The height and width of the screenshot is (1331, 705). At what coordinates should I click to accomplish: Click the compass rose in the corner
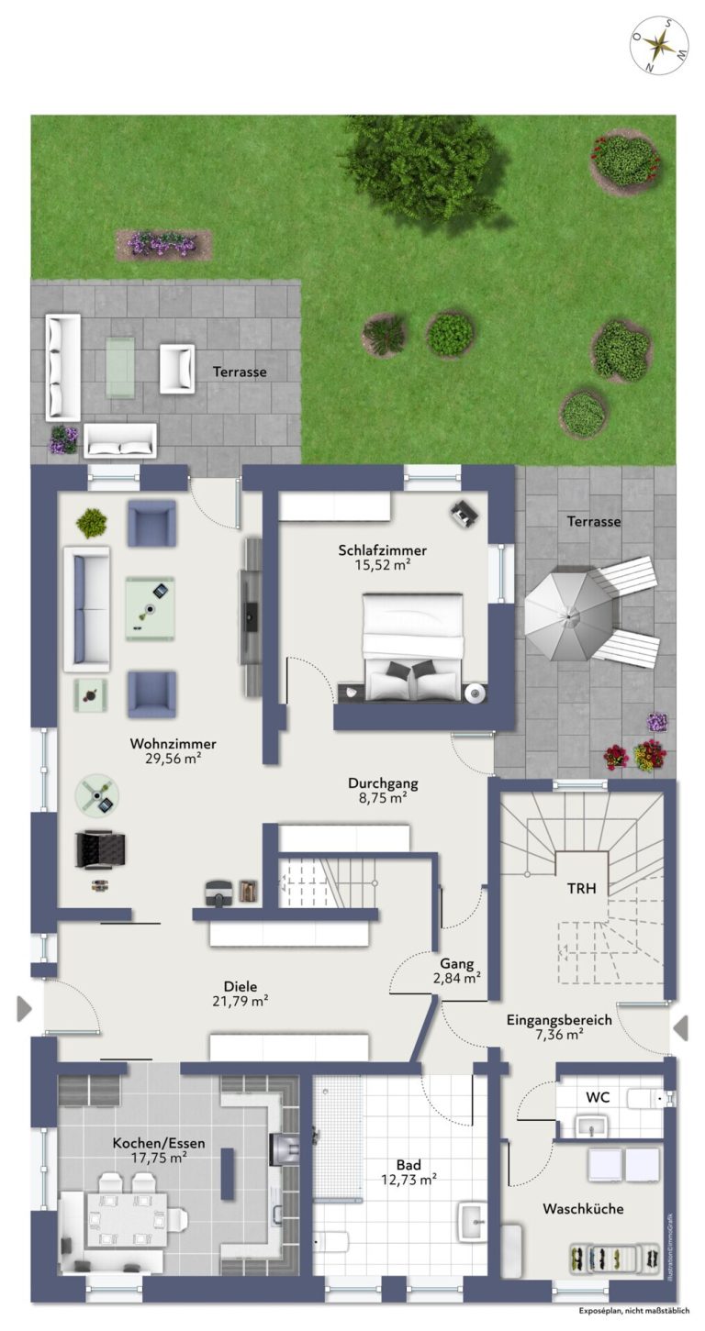tap(659, 46)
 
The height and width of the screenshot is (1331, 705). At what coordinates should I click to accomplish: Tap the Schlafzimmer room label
tap(382, 549)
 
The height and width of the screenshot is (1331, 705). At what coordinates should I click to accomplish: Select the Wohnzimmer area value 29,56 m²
tap(173, 758)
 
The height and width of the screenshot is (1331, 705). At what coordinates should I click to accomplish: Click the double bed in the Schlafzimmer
tap(413, 646)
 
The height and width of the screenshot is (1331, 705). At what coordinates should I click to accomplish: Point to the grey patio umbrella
tap(569, 616)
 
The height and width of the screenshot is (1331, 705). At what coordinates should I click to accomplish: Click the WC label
tap(598, 1097)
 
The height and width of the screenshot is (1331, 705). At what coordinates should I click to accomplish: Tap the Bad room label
tap(409, 1165)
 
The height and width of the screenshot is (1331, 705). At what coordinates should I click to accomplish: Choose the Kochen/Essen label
tap(159, 1143)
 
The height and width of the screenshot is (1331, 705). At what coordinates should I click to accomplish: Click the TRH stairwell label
tap(581, 888)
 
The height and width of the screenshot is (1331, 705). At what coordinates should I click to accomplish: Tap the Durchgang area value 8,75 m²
tap(383, 797)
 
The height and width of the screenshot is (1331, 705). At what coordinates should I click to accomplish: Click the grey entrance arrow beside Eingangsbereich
tap(681, 1027)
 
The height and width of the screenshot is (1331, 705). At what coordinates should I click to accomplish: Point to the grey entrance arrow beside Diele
tap(24, 1009)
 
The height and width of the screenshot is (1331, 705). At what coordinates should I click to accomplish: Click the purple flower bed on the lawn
tap(163, 244)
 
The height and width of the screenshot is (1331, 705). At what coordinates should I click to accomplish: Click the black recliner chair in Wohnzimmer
tap(101, 849)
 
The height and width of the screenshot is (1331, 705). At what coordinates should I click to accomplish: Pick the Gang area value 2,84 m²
tap(456, 978)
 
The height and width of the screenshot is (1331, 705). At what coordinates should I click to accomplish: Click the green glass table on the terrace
tap(120, 366)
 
